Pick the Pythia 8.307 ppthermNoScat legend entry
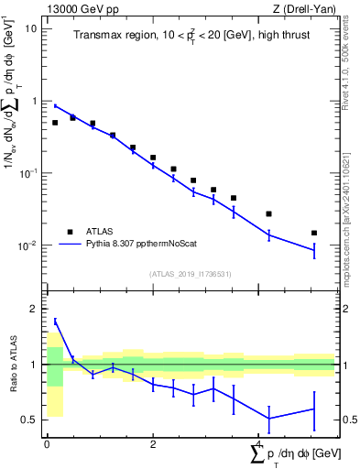tap(135, 245)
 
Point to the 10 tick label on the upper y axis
tap(30, 28)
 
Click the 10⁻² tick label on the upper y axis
tap(28, 245)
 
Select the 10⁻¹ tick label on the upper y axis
tap(28, 173)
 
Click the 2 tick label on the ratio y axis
tap(36, 309)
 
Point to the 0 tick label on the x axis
tap(47, 443)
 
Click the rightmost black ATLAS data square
tap(314, 234)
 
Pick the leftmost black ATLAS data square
tap(55, 123)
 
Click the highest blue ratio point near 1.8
tap(55, 321)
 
